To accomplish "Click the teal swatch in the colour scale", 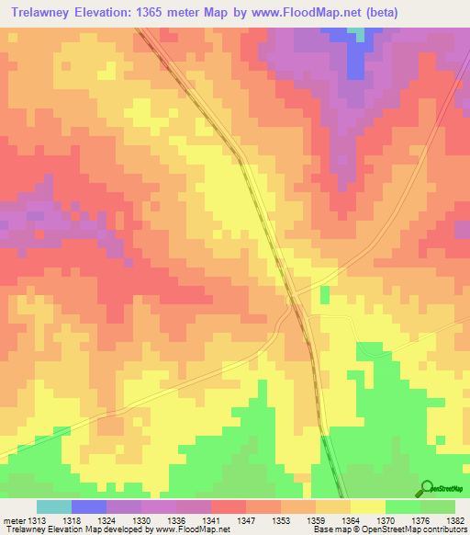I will (x=54, y=507).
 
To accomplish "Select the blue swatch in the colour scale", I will (x=89, y=507).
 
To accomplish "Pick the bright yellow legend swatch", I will (x=368, y=507).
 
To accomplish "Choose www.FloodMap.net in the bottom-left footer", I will (x=191, y=529).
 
